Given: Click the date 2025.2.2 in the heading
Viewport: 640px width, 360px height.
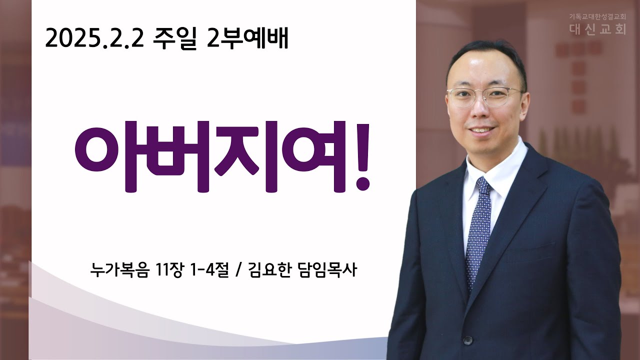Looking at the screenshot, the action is (94, 38).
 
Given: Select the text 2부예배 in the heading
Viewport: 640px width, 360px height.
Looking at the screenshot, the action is (247, 38).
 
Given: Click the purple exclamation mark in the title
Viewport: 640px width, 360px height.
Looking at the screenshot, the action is (362, 157).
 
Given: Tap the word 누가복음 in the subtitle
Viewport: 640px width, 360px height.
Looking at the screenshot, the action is (120, 269).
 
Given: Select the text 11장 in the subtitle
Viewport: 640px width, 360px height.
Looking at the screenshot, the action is (169, 269).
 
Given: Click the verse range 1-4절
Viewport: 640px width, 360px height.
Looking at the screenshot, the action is (209, 269).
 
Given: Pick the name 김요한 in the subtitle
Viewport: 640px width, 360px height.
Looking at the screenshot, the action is (269, 269).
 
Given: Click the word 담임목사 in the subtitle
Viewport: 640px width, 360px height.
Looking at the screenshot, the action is (327, 269).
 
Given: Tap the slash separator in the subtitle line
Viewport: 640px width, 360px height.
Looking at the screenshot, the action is (238, 270).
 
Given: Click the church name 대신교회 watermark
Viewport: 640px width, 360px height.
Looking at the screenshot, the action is (597, 29).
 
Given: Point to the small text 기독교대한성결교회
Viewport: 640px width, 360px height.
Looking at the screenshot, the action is (597, 17).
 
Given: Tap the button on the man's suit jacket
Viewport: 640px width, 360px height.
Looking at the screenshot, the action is (467, 340).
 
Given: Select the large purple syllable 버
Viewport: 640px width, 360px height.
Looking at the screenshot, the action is (175, 157).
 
